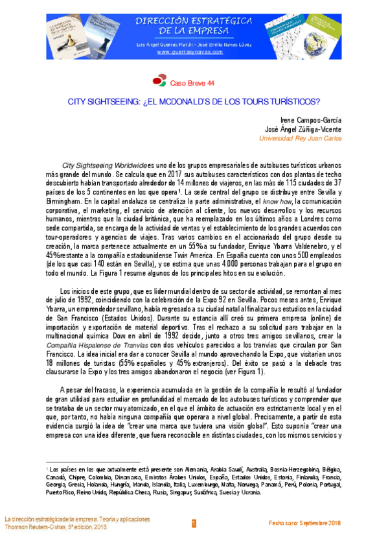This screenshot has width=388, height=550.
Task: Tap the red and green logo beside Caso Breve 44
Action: coord(159,82)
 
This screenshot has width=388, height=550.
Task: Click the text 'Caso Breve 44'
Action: coord(192,83)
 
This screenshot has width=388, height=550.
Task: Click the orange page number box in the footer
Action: coord(193,523)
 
